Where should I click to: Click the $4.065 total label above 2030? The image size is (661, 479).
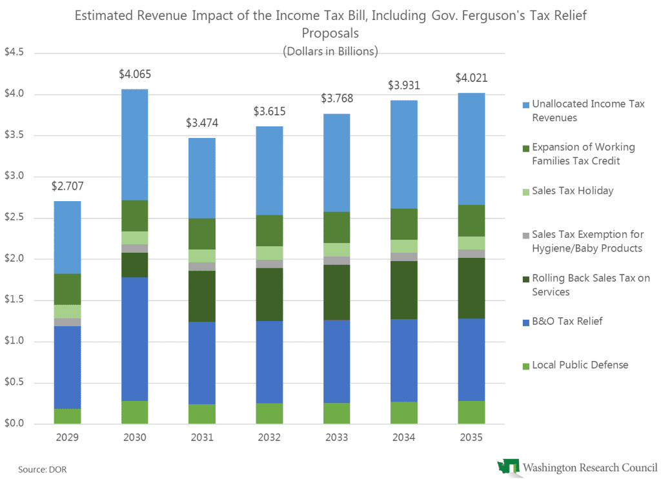click(x=134, y=74)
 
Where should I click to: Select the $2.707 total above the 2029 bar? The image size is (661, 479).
click(x=67, y=187)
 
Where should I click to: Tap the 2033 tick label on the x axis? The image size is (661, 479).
click(x=336, y=438)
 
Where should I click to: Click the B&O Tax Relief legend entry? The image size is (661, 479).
click(x=567, y=321)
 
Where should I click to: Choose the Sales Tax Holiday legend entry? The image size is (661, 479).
click(x=572, y=191)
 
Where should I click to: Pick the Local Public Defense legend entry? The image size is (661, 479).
click(x=580, y=366)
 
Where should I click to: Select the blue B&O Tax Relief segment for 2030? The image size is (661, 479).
click(x=134, y=339)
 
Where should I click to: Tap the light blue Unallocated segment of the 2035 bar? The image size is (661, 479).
click(x=471, y=149)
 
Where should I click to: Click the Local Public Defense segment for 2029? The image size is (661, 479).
click(x=67, y=416)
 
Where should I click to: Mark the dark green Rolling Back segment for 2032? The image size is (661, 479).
click(x=269, y=295)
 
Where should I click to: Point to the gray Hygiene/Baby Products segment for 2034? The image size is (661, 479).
click(x=404, y=257)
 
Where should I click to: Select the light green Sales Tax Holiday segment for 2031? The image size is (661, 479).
click(x=202, y=256)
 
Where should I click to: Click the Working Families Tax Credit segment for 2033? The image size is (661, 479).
click(x=336, y=227)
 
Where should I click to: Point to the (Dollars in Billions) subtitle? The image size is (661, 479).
click(x=330, y=51)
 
